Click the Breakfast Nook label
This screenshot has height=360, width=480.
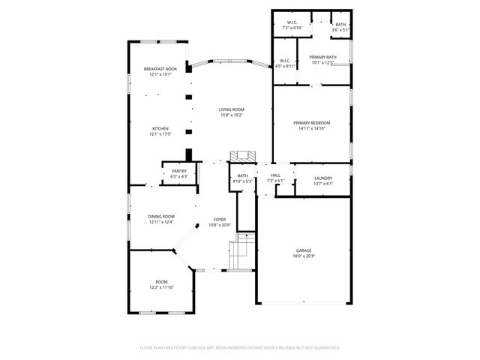click(x=160, y=69)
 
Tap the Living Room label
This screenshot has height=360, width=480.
click(x=232, y=109)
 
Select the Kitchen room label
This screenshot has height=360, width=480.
click(x=160, y=128)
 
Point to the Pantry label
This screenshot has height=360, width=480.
click(x=179, y=171)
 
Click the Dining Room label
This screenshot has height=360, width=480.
click(x=160, y=216)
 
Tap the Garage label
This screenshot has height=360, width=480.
click(x=304, y=250)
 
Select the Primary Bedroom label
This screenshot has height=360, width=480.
click(x=311, y=122)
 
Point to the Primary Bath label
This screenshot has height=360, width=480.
click(x=323, y=57)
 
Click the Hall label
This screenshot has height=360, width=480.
click(x=275, y=175)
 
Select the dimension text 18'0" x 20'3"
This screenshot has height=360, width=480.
click(x=304, y=256)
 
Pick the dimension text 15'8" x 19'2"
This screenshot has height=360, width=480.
click(x=232, y=115)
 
